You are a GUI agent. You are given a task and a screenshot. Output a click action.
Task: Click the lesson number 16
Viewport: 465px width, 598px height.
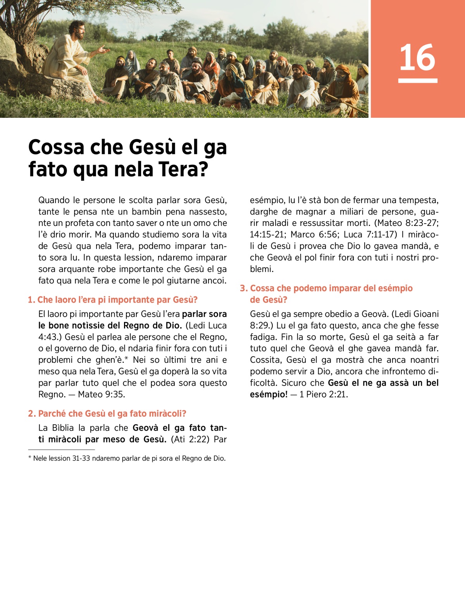point(417,57)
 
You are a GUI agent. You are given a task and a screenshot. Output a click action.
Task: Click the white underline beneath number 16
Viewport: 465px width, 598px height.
point(417,81)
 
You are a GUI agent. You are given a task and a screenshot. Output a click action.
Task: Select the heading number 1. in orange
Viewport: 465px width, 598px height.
point(31,300)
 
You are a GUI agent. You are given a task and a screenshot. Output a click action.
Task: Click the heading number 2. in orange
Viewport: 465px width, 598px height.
point(32,414)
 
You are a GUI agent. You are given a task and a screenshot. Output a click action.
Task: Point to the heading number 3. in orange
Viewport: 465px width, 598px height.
point(244,288)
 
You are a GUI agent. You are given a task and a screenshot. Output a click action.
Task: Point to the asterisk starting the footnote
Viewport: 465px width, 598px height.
point(30,458)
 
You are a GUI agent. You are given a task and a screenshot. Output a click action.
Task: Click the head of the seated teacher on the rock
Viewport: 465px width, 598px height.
point(76,29)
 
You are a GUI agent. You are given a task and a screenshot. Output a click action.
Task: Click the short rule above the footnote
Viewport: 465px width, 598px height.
point(61,450)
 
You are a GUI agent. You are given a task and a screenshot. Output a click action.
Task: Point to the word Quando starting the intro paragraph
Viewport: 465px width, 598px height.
point(54,200)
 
